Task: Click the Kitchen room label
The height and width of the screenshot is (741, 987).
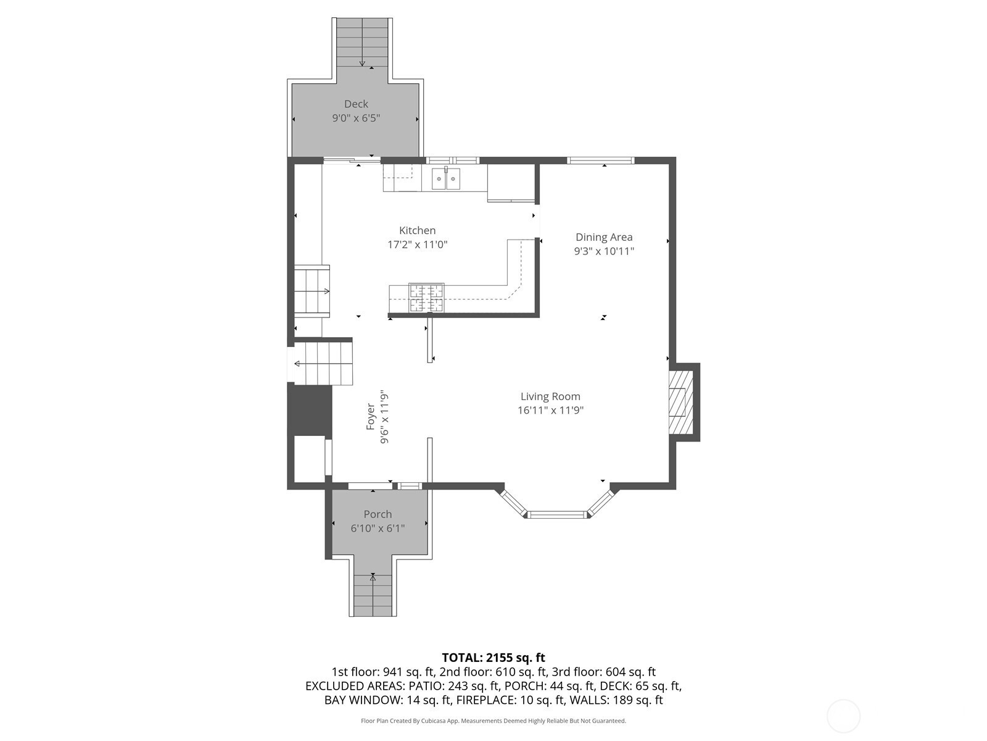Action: tap(417, 230)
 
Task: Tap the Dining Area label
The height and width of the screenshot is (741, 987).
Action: tap(604, 237)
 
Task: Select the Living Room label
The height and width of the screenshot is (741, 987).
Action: tap(550, 396)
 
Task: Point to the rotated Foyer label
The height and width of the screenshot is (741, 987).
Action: tap(371, 417)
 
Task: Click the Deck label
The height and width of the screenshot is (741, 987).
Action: tap(356, 104)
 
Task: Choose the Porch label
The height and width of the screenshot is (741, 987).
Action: tap(378, 514)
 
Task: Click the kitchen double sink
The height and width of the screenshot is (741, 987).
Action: tap(446, 179)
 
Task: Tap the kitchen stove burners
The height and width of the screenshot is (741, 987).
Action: tap(426, 298)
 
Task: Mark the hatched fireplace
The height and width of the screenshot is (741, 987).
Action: tap(681, 402)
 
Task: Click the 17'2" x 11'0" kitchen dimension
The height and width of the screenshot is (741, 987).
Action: tap(417, 245)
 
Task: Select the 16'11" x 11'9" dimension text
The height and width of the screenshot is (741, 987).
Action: tap(550, 410)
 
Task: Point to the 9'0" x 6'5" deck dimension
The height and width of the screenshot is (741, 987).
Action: tap(356, 119)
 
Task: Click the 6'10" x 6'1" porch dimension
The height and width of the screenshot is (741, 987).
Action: tap(378, 528)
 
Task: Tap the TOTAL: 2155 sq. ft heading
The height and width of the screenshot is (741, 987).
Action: tap(493, 658)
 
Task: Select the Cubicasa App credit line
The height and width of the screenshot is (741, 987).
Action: tap(493, 721)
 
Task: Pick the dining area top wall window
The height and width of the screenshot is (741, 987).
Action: tap(600, 160)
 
